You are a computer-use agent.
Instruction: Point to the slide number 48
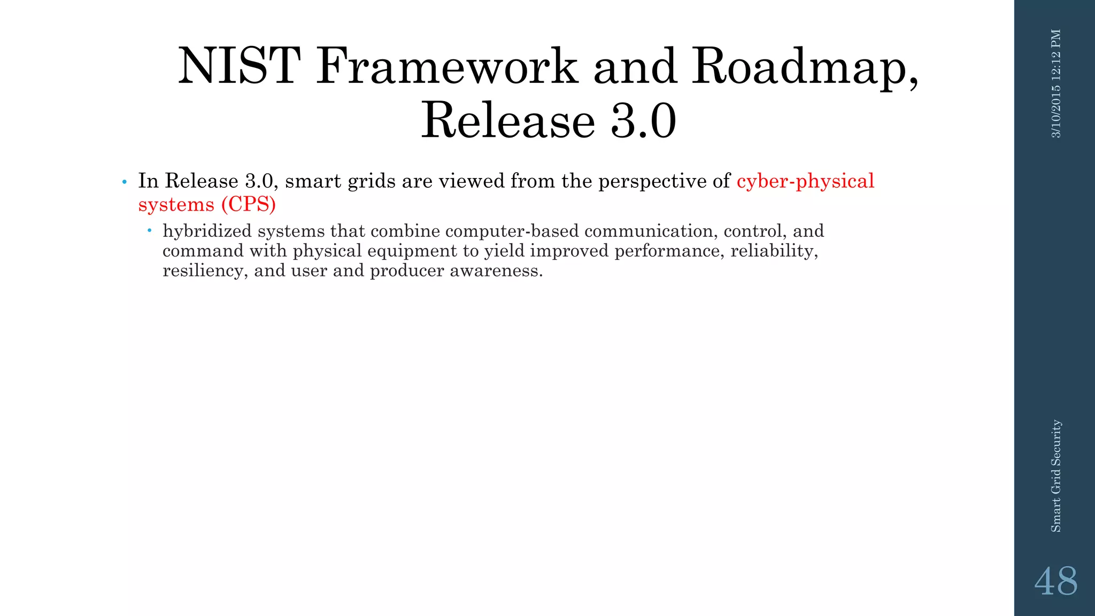tap(1055, 581)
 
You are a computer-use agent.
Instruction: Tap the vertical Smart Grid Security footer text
tap(1056, 476)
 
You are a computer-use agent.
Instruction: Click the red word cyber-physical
tap(805, 181)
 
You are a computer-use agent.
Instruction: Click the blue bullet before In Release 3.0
tap(124, 182)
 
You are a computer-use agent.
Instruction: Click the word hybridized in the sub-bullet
tap(207, 231)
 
